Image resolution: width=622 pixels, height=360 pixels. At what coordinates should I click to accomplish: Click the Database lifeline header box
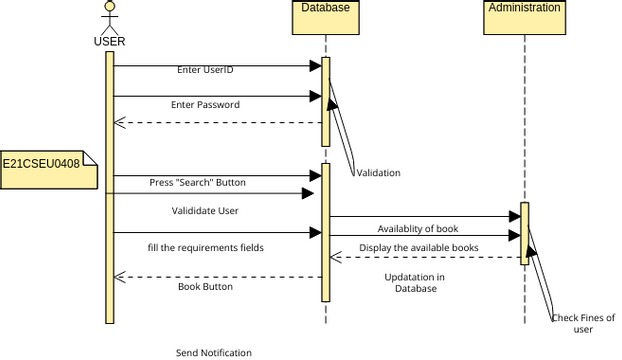click(x=325, y=8)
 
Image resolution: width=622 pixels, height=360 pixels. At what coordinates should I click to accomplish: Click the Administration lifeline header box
click(x=524, y=8)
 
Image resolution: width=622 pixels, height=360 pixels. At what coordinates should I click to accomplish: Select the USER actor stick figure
click(x=110, y=17)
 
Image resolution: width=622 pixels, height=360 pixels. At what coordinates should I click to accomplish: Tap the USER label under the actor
click(x=110, y=42)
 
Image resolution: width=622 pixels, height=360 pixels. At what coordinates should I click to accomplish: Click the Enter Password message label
click(x=205, y=104)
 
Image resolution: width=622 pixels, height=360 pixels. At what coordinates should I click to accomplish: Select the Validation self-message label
click(x=378, y=173)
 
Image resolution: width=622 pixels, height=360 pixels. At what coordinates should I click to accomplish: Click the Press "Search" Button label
click(x=197, y=183)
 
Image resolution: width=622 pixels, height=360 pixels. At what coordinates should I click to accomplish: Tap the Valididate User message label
click(x=204, y=211)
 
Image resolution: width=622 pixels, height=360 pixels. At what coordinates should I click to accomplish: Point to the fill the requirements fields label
click(x=205, y=247)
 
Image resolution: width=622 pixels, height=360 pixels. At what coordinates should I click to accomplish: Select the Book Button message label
click(x=205, y=286)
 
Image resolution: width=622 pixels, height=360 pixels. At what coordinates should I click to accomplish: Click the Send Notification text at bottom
click(x=214, y=352)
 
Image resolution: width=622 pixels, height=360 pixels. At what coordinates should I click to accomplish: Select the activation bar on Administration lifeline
click(x=524, y=232)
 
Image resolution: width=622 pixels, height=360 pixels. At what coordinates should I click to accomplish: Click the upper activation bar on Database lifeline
click(x=325, y=102)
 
